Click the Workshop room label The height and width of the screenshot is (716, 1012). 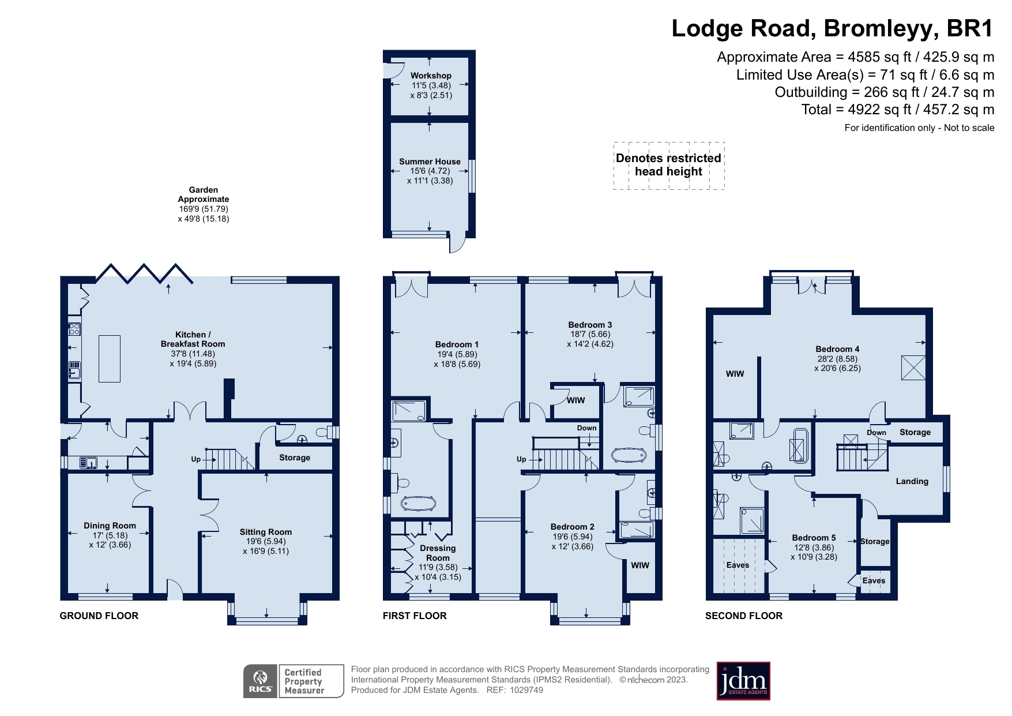pos(431,76)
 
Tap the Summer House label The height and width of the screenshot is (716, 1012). pos(430,162)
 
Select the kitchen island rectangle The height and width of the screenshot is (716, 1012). pos(110,358)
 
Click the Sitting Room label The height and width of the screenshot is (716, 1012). pos(266,532)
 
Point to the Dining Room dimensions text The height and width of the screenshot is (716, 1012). pos(110,540)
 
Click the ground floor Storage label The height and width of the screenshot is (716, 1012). pos(295,458)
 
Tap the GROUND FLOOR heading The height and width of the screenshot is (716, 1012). pos(99,616)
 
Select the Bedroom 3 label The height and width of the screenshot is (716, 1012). pos(590,325)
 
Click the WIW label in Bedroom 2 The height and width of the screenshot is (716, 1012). pos(639,565)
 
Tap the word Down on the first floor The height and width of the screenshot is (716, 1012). pos(586,428)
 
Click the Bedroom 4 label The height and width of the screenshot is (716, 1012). pos(837,349)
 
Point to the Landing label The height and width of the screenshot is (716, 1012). pos(912,481)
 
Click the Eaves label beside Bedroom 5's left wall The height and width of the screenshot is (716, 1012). pos(738,565)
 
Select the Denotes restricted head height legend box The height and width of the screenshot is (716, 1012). pos(668,165)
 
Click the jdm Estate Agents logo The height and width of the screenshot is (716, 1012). pos(743,681)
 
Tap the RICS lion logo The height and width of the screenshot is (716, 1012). pos(261,681)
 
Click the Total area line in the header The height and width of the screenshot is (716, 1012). pos(897,110)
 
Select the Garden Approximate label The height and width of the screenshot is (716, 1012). pos(203,194)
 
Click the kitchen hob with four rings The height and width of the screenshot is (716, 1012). pos(74,329)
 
